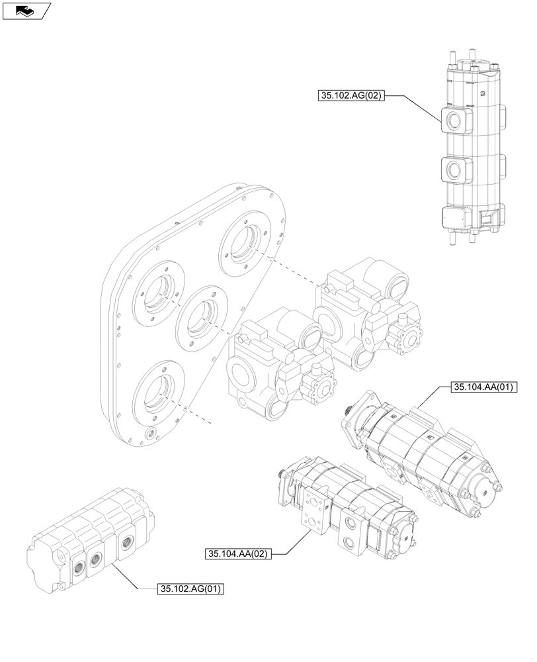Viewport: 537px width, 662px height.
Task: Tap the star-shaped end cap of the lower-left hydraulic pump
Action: (323, 389)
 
